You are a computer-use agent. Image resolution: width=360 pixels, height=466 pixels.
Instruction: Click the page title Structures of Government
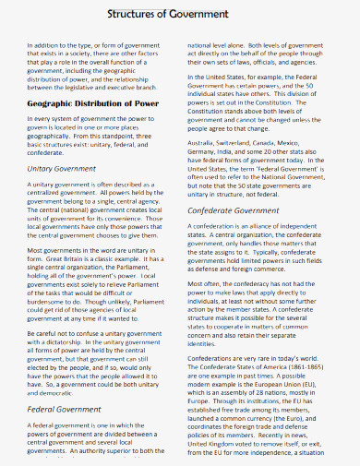click(x=180, y=14)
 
